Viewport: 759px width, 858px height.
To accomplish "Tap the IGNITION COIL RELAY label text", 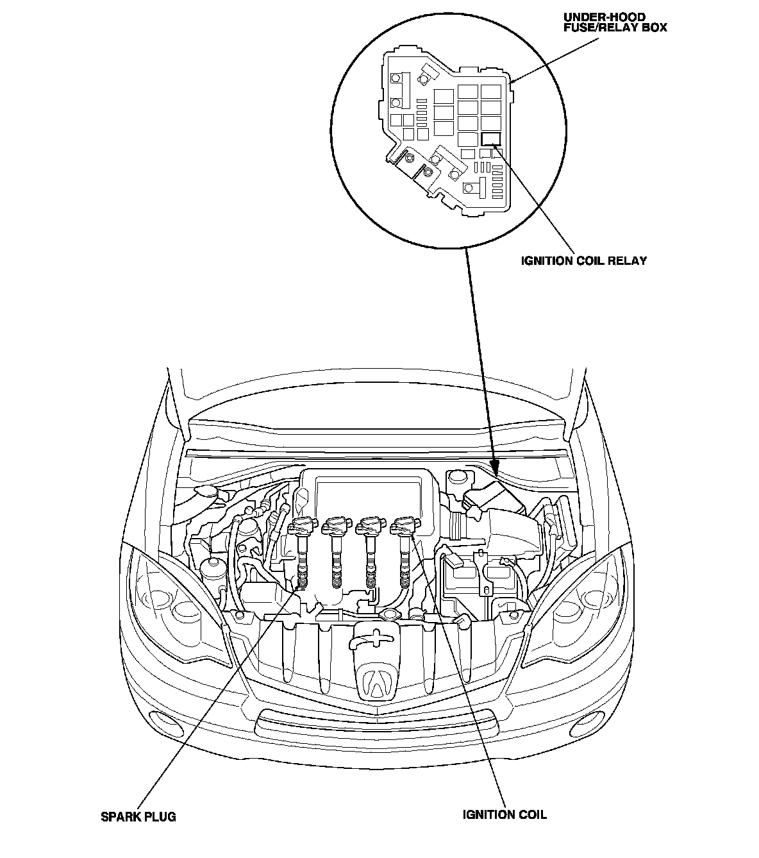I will click(x=583, y=261).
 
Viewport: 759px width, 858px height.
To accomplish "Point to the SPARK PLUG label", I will click(x=138, y=817).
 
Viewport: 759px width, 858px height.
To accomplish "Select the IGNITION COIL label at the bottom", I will click(x=505, y=815).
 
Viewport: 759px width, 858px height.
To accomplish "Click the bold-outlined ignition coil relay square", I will click(x=491, y=139).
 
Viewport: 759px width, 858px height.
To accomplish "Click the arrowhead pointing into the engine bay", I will click(x=492, y=467).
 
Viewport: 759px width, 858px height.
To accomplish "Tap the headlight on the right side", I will click(x=580, y=600).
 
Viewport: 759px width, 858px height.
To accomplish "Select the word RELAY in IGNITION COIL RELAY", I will click(x=626, y=261).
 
